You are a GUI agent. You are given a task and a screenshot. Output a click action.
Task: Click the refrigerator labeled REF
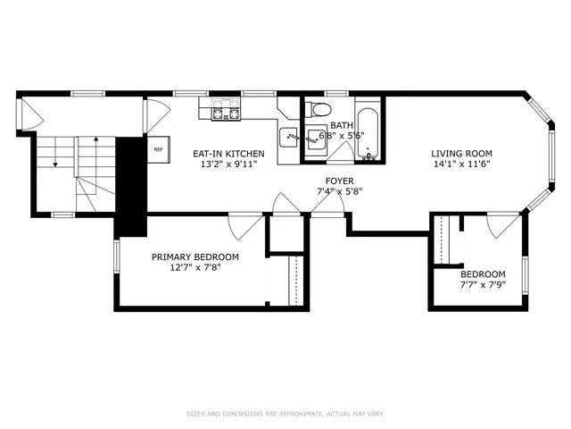[x=159, y=150]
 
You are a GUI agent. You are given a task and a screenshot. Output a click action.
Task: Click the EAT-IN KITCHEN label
[x=229, y=154]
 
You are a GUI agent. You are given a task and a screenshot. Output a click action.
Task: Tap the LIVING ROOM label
[x=461, y=154]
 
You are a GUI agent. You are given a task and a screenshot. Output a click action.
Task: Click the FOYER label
[x=340, y=181]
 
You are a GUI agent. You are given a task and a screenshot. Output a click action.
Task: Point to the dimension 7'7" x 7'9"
[x=483, y=285]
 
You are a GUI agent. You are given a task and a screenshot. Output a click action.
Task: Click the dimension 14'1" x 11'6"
[x=461, y=164]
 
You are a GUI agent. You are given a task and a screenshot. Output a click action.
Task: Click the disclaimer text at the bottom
[x=285, y=414]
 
